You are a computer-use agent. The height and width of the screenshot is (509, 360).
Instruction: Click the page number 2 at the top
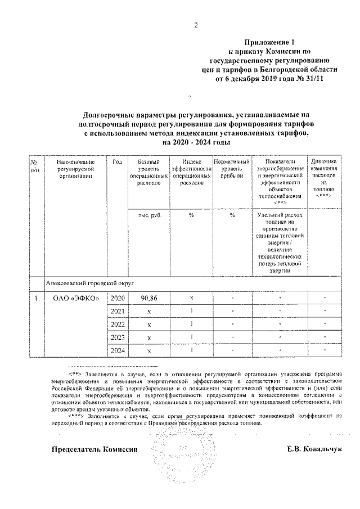196,25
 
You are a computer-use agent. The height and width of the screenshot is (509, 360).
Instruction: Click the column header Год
117,162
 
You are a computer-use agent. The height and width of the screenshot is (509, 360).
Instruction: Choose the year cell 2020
117,298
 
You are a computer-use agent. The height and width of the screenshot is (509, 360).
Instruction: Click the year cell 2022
117,324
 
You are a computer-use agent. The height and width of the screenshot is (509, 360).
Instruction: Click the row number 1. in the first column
36,298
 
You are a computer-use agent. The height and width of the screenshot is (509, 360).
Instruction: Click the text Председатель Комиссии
94,450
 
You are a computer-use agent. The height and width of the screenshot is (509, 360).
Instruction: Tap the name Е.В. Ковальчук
314,450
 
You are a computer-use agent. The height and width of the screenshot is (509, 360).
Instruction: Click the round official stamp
180,453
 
